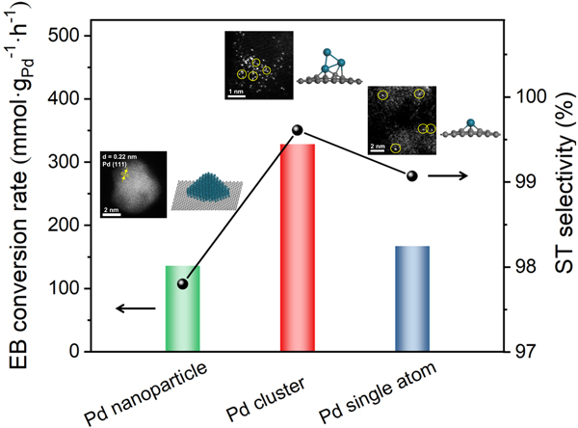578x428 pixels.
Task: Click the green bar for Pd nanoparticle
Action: pos(182,308)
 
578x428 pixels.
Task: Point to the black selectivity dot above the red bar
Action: pos(297,130)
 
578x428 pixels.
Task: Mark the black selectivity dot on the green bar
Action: pos(182,283)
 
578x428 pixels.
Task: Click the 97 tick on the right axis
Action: pos(528,352)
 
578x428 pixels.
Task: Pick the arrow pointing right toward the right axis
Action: pos(449,175)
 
